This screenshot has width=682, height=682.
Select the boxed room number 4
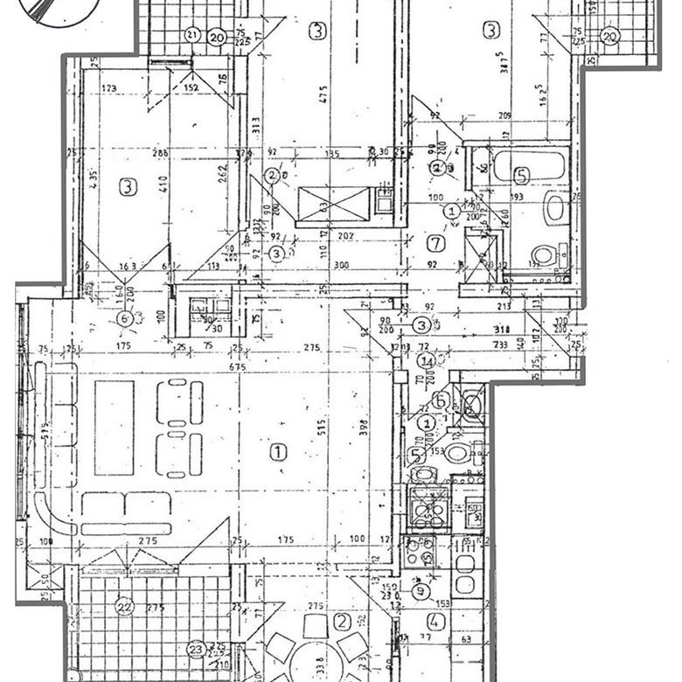click(x=435, y=622)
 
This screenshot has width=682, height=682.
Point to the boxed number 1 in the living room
click(x=278, y=452)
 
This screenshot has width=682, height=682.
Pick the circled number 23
click(x=195, y=650)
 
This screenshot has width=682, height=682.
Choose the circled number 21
click(x=193, y=35)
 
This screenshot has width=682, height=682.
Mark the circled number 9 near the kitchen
click(x=422, y=592)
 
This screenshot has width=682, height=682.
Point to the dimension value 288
click(x=160, y=152)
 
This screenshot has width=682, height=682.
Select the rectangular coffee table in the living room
click(x=115, y=427)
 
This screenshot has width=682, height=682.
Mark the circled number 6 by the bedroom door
click(x=124, y=318)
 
